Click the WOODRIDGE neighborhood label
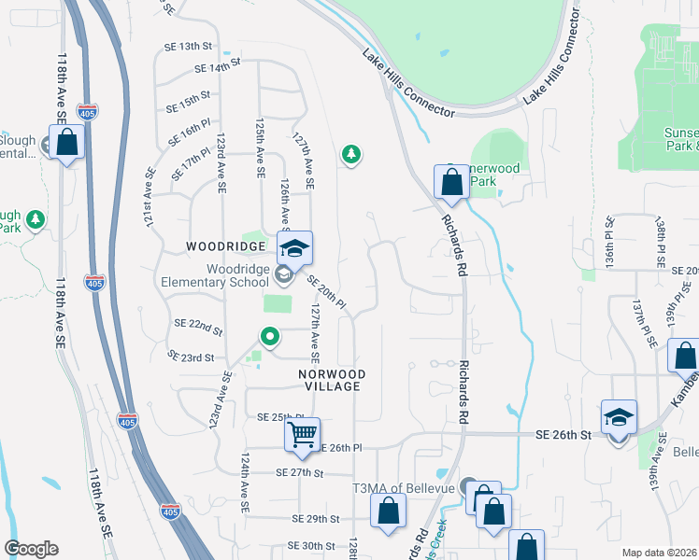click(x=224, y=246)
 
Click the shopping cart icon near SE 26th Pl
click(x=303, y=434)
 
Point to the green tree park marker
click(x=351, y=154)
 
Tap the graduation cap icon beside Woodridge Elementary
click(x=295, y=249)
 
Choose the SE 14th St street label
click(x=218, y=66)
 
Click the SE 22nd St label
click(x=198, y=327)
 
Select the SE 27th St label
click(x=299, y=473)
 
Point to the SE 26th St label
click(x=564, y=435)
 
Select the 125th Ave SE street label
click(x=259, y=147)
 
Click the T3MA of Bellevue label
click(x=403, y=489)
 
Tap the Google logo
click(x=31, y=549)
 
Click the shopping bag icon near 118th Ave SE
click(x=66, y=144)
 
